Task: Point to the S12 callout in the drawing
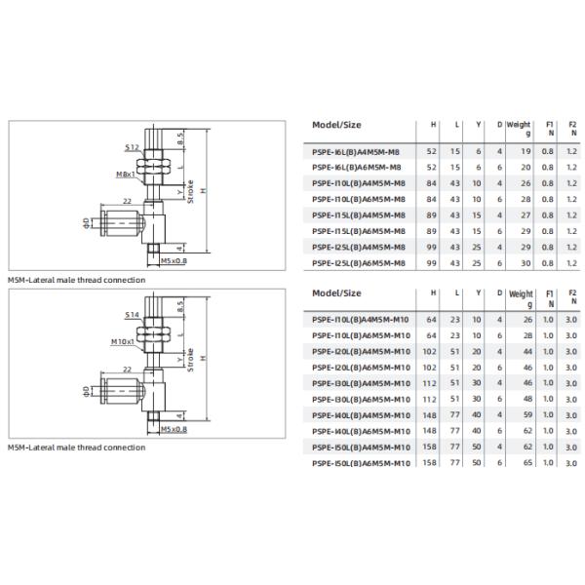pyautogui.click(x=132, y=146)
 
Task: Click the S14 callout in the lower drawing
pyautogui.click(x=132, y=315)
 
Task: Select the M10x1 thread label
pyautogui.click(x=122, y=342)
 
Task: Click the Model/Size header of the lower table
pyautogui.click(x=336, y=292)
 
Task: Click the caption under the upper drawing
pyautogui.click(x=76, y=280)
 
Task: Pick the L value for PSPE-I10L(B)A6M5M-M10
pyautogui.click(x=454, y=335)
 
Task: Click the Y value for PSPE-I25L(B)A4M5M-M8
pyautogui.click(x=477, y=249)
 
